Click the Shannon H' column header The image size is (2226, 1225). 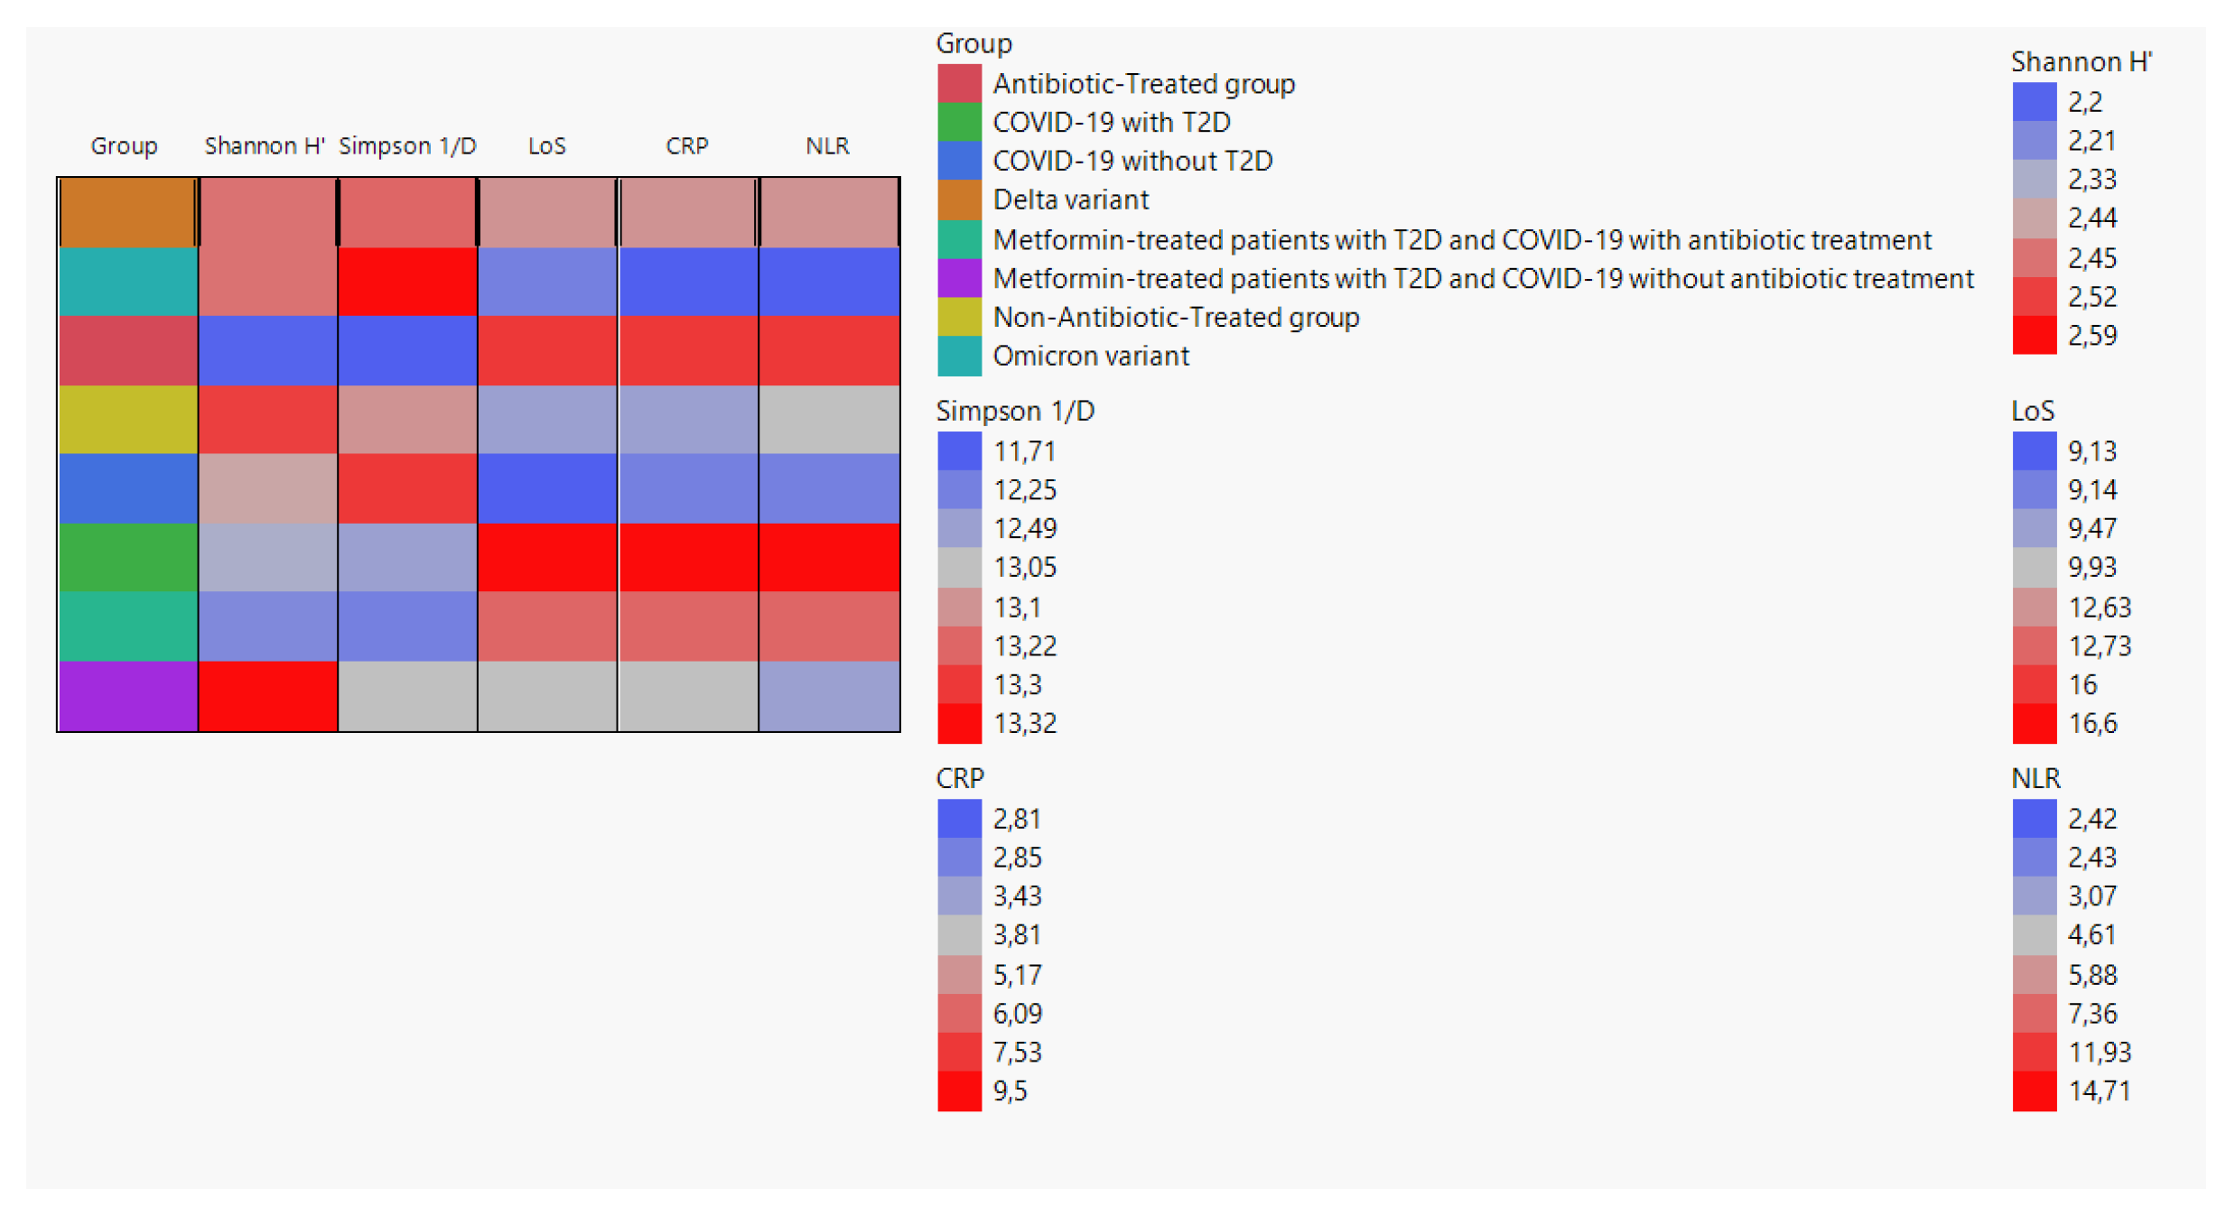tap(264, 146)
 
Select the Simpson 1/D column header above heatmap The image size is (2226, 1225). tap(407, 146)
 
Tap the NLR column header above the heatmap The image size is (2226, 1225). tap(827, 146)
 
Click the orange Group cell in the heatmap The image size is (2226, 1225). tap(127, 212)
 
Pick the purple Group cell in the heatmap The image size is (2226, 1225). tap(127, 695)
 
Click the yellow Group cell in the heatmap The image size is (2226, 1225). tap(127, 420)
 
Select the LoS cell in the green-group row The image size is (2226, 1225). tap(547, 557)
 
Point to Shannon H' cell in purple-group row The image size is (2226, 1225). tap(267, 695)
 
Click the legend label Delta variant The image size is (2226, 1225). tap(1070, 200)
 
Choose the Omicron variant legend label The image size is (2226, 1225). tap(1090, 356)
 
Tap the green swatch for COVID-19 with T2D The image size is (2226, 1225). tap(958, 122)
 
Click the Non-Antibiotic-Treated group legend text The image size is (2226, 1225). tap(1175, 317)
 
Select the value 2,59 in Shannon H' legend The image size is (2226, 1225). tap(2091, 336)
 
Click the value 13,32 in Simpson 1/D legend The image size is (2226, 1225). tap(1024, 723)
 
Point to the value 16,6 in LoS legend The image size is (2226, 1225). tap(2091, 723)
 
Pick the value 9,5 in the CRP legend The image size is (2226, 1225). tap(1010, 1090)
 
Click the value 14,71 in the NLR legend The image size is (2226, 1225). tap(2098, 1090)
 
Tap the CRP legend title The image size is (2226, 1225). tap(959, 778)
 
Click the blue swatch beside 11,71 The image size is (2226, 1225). tap(958, 450)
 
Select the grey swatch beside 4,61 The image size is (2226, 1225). tap(2034, 934)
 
